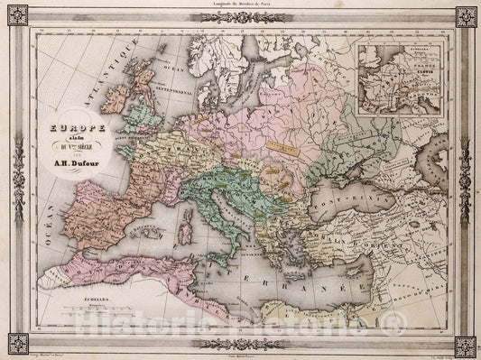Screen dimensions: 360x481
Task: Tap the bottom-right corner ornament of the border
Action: pyautogui.click(x=466, y=344)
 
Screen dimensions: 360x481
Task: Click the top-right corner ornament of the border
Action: pyautogui.click(x=466, y=16)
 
